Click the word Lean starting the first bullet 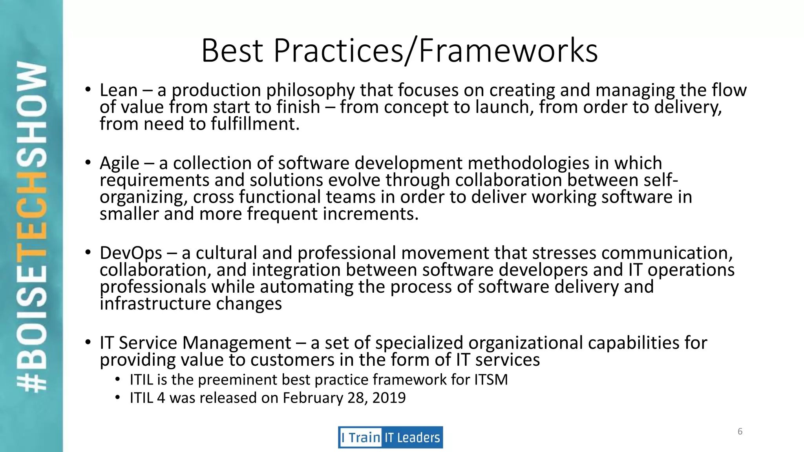coord(119,90)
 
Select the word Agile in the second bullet coord(119,163)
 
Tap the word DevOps coord(131,253)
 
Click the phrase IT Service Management coord(195,343)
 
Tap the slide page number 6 coord(740,432)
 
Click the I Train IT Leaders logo coord(390,437)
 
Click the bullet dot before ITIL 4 coord(117,397)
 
